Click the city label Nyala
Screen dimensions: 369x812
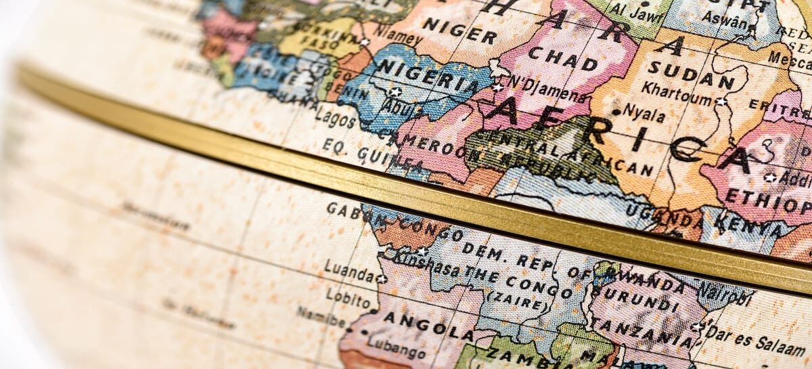tap(644, 111)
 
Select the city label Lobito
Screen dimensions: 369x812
tap(348, 295)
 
